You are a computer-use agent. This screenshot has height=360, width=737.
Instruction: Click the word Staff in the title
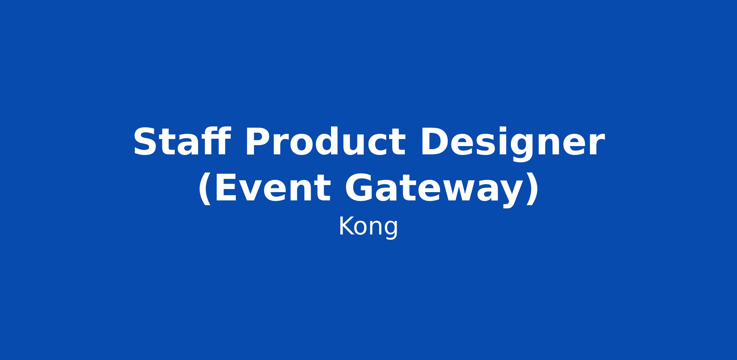[182, 141]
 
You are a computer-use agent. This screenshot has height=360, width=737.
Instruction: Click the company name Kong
[368, 227]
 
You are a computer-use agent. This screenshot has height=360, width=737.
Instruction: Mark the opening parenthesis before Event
[205, 189]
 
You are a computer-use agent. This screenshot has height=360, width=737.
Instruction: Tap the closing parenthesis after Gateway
[532, 189]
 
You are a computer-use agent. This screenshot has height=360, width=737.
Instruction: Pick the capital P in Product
[258, 142]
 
